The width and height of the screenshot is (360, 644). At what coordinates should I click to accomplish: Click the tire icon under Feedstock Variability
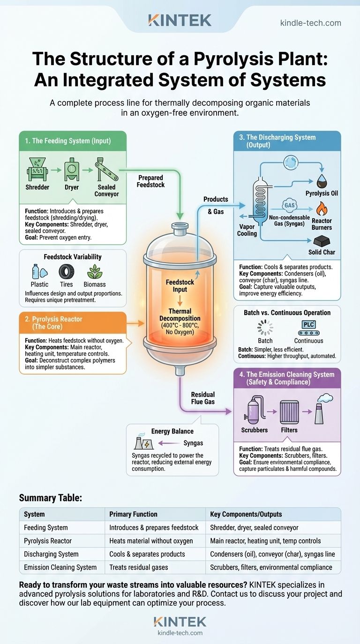[66, 272]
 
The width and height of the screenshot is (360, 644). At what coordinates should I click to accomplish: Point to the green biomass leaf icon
[95, 272]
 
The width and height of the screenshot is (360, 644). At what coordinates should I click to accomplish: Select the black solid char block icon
[322, 241]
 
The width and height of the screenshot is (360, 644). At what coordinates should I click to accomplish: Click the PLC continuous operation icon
[308, 327]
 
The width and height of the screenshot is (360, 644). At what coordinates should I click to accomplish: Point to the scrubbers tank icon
[255, 410]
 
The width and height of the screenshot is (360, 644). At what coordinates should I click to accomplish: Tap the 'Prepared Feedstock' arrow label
[150, 181]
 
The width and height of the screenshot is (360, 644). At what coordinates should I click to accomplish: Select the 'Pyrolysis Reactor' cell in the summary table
[48, 541]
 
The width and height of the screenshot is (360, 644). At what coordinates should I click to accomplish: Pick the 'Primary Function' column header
[134, 514]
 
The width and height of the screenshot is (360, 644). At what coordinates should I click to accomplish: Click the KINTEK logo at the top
[180, 20]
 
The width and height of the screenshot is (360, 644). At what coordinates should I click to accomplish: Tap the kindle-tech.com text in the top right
[310, 23]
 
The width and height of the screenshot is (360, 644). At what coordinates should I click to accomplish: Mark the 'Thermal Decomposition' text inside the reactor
[180, 315]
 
